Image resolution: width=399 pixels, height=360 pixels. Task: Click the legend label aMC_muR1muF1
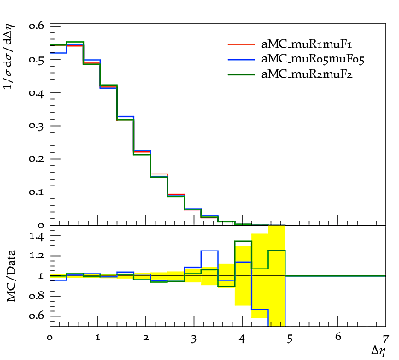(307, 44)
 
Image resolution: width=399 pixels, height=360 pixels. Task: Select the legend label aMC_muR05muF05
(313, 59)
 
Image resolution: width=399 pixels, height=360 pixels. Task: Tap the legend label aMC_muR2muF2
(307, 74)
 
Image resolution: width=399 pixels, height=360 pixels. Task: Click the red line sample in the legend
(241, 44)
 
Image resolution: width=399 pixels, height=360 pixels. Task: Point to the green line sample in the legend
(241, 74)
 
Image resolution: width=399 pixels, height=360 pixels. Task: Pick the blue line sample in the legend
(241, 59)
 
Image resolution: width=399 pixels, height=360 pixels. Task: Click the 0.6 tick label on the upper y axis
(36, 26)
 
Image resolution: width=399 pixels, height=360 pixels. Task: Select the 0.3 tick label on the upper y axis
(36, 126)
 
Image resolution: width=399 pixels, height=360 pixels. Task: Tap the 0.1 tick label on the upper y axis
(36, 192)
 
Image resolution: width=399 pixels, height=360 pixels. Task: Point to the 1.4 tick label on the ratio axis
(37, 236)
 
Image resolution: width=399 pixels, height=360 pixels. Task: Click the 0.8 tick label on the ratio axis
(36, 297)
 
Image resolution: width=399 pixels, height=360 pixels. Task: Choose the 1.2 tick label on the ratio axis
(37, 256)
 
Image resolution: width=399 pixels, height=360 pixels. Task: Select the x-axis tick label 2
(146, 338)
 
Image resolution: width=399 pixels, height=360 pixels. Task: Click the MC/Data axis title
(11, 275)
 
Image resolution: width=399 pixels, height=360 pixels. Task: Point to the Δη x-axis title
(378, 351)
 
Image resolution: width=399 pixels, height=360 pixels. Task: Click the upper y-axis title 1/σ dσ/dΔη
(9, 56)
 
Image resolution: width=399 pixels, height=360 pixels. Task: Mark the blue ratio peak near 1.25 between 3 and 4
(209, 251)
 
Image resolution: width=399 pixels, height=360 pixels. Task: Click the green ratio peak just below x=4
(244, 241)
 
